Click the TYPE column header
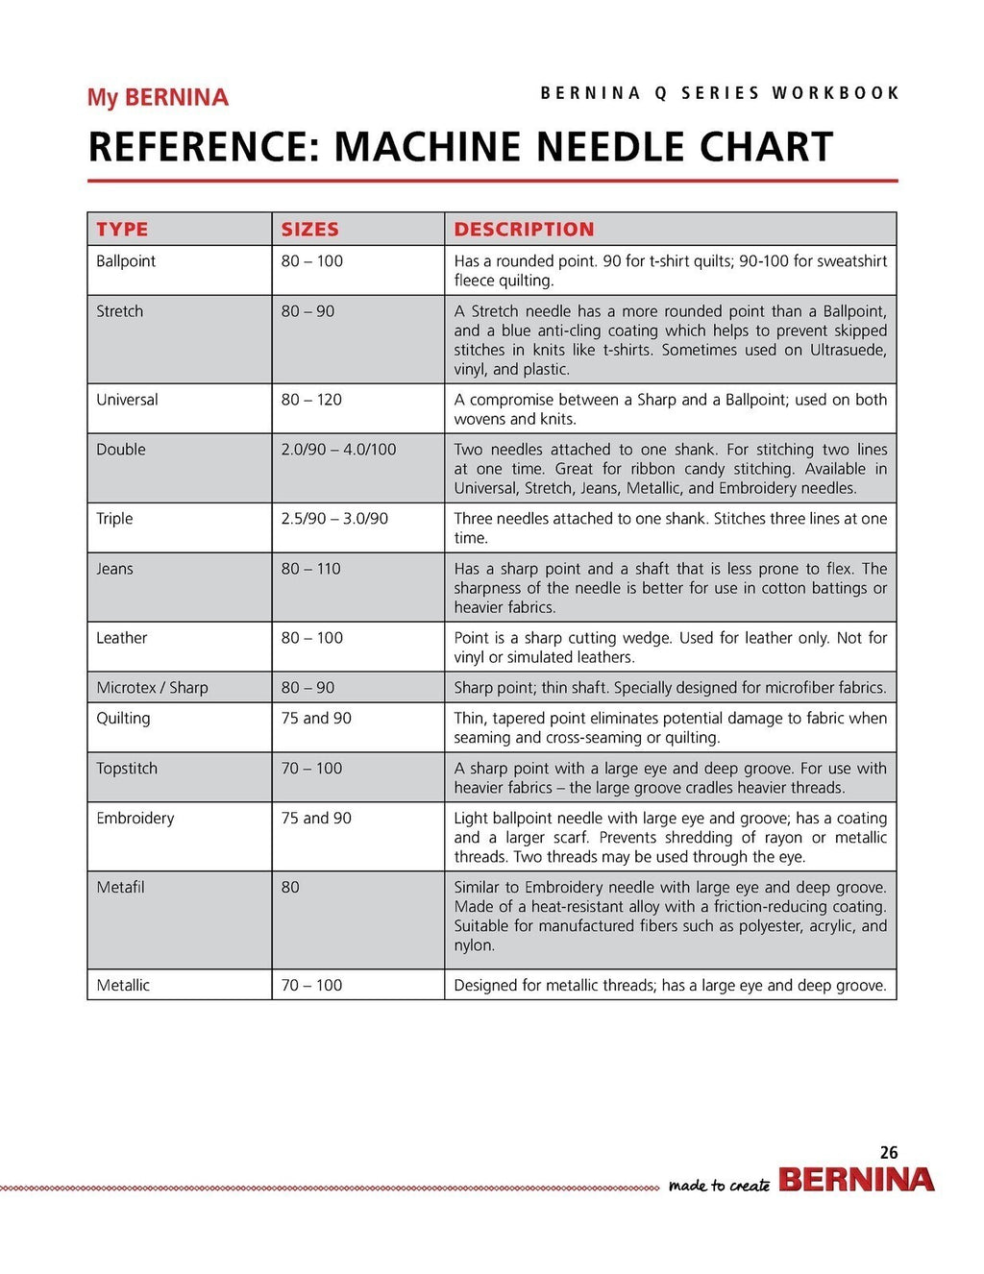[x=122, y=229]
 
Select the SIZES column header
[x=309, y=229]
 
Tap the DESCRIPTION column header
[x=524, y=229]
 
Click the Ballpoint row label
[x=126, y=261]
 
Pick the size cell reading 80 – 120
[x=311, y=400]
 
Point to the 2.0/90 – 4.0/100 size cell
[x=338, y=450]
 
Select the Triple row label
[x=114, y=519]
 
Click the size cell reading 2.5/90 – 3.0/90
[x=334, y=519]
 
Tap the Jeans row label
[x=114, y=569]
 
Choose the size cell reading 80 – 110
[x=310, y=569]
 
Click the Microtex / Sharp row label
[x=152, y=688]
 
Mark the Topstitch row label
[x=127, y=769]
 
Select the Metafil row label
[x=120, y=888]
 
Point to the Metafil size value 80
[x=290, y=888]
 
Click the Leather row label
[x=121, y=638]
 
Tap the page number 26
[x=889, y=1152]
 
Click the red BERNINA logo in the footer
[x=856, y=1180]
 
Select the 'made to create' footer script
[x=719, y=1186]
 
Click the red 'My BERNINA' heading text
[x=158, y=98]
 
